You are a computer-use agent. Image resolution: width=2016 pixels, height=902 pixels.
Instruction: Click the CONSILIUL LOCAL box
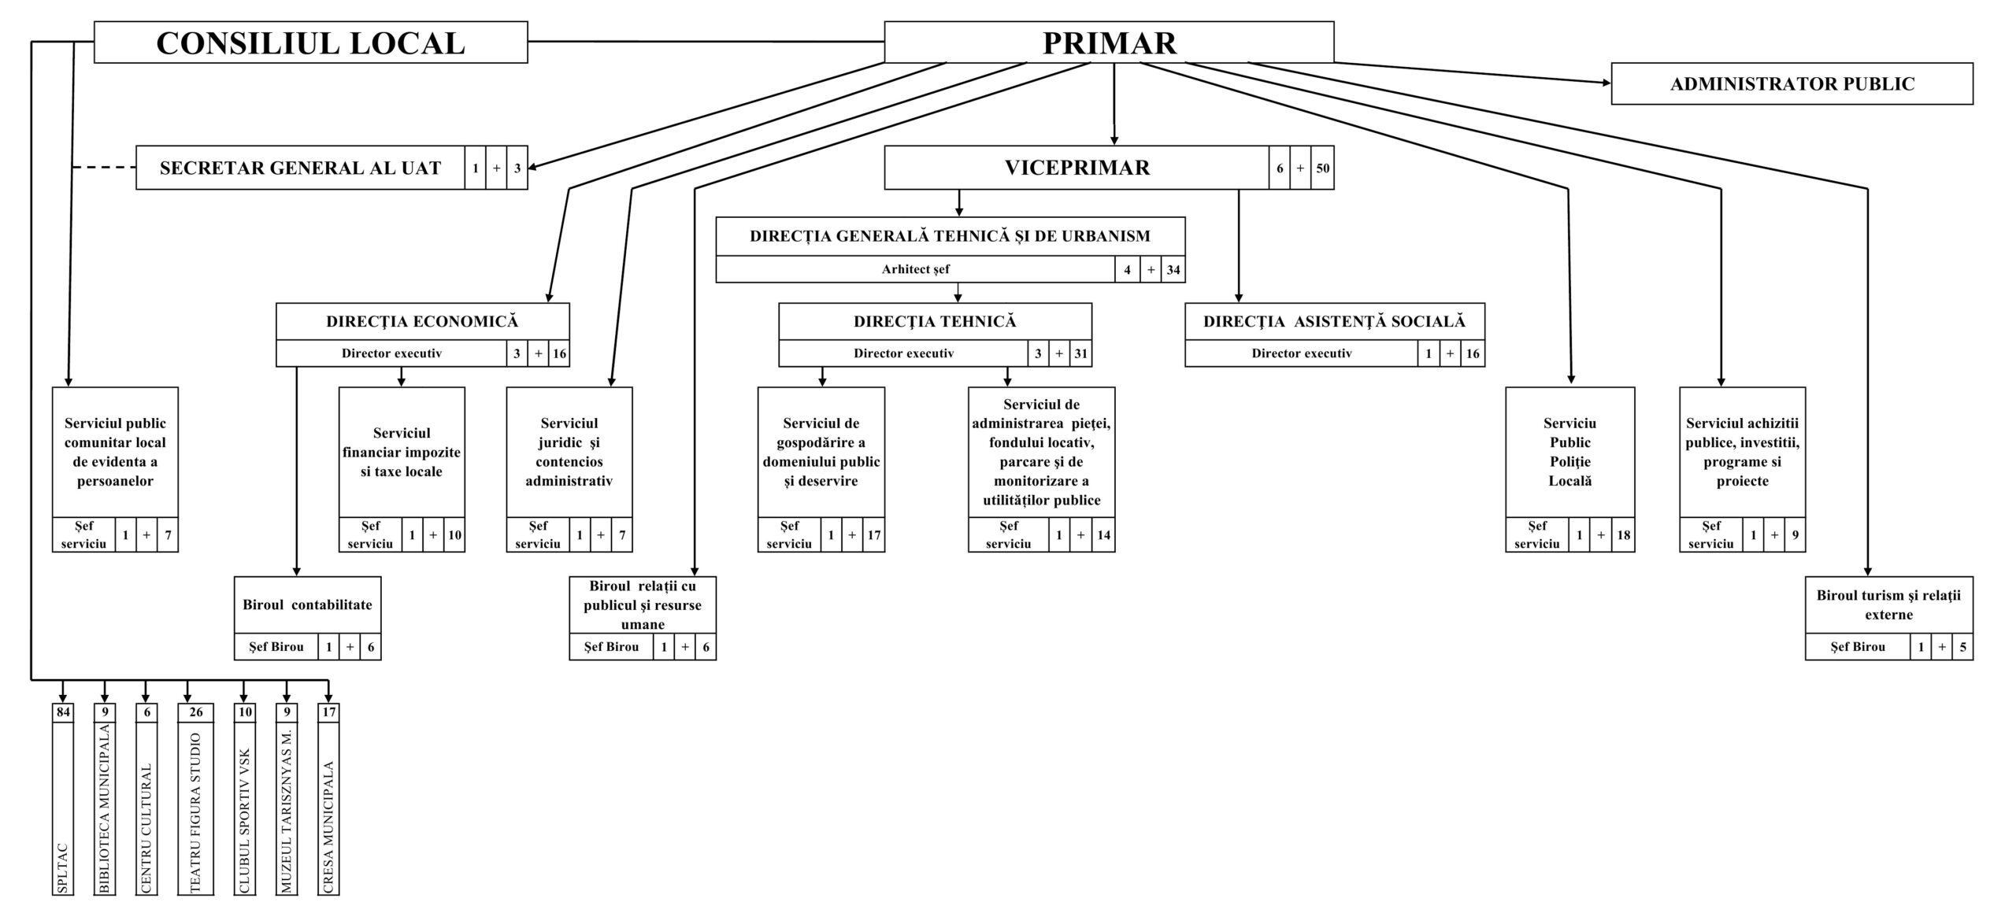310,43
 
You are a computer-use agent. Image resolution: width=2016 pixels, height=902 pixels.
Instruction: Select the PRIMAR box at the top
1109,43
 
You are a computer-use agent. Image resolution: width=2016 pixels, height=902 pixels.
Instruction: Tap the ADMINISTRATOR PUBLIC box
1792,83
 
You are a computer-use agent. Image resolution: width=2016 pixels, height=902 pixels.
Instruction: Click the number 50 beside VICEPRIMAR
1323,168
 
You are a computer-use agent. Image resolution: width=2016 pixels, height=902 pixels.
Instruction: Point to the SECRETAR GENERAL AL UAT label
300,168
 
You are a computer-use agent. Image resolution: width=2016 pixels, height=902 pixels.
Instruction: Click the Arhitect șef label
915,269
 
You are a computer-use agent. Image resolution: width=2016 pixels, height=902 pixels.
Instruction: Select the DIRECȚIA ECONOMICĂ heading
422,321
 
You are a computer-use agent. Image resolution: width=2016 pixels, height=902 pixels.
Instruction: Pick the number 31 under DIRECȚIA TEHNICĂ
1080,353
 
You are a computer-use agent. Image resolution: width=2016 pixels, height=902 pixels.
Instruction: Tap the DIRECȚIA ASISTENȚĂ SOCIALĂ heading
1334,321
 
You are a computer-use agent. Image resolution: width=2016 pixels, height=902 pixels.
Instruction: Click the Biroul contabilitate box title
307,604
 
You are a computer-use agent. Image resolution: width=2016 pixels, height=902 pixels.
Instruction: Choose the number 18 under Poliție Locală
1623,535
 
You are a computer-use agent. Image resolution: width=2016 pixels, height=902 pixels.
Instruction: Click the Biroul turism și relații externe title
1888,604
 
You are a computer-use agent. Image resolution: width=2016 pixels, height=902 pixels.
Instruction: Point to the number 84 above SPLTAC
63,712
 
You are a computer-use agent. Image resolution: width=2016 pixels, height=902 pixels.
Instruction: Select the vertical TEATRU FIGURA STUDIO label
195,812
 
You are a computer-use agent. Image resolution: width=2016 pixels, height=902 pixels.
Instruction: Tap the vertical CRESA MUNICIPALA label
328,827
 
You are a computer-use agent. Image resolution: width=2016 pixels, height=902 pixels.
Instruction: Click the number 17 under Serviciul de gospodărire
873,535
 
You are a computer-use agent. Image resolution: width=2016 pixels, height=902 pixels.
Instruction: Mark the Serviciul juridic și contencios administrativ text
569,452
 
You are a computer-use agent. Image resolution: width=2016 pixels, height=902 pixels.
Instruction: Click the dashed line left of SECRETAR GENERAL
103,168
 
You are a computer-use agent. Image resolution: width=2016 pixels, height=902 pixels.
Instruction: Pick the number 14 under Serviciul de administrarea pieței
1103,535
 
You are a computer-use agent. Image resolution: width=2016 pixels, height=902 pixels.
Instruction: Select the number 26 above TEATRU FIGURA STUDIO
195,712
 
